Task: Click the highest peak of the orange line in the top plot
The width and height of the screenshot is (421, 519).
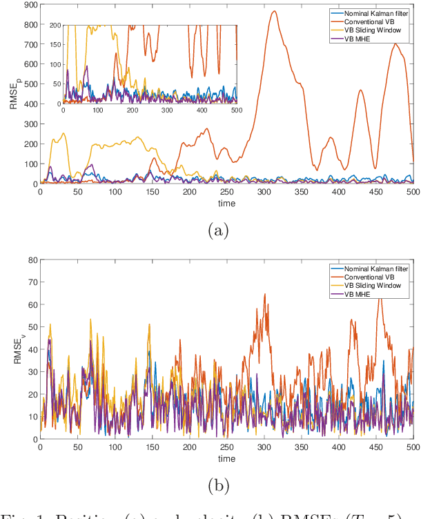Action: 274,11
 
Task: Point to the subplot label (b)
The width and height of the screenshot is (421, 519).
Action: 219,486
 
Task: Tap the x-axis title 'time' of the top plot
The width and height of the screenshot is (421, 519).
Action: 227,203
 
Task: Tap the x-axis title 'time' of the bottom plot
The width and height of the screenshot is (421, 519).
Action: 227,458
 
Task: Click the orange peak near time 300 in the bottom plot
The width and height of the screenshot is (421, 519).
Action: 264,295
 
